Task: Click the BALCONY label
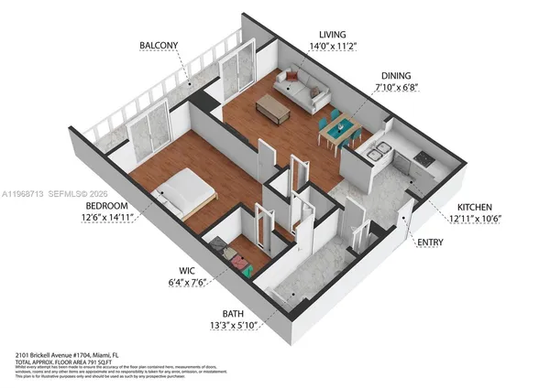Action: click(159, 46)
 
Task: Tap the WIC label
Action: click(186, 271)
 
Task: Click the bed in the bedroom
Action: click(188, 193)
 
